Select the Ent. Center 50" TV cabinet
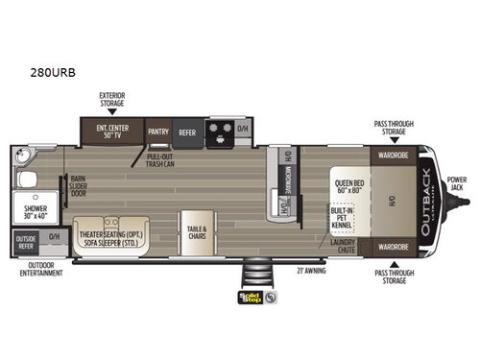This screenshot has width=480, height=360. click(x=113, y=132)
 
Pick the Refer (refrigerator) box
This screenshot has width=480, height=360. click(x=187, y=134)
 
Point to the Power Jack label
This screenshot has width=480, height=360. click(x=458, y=181)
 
